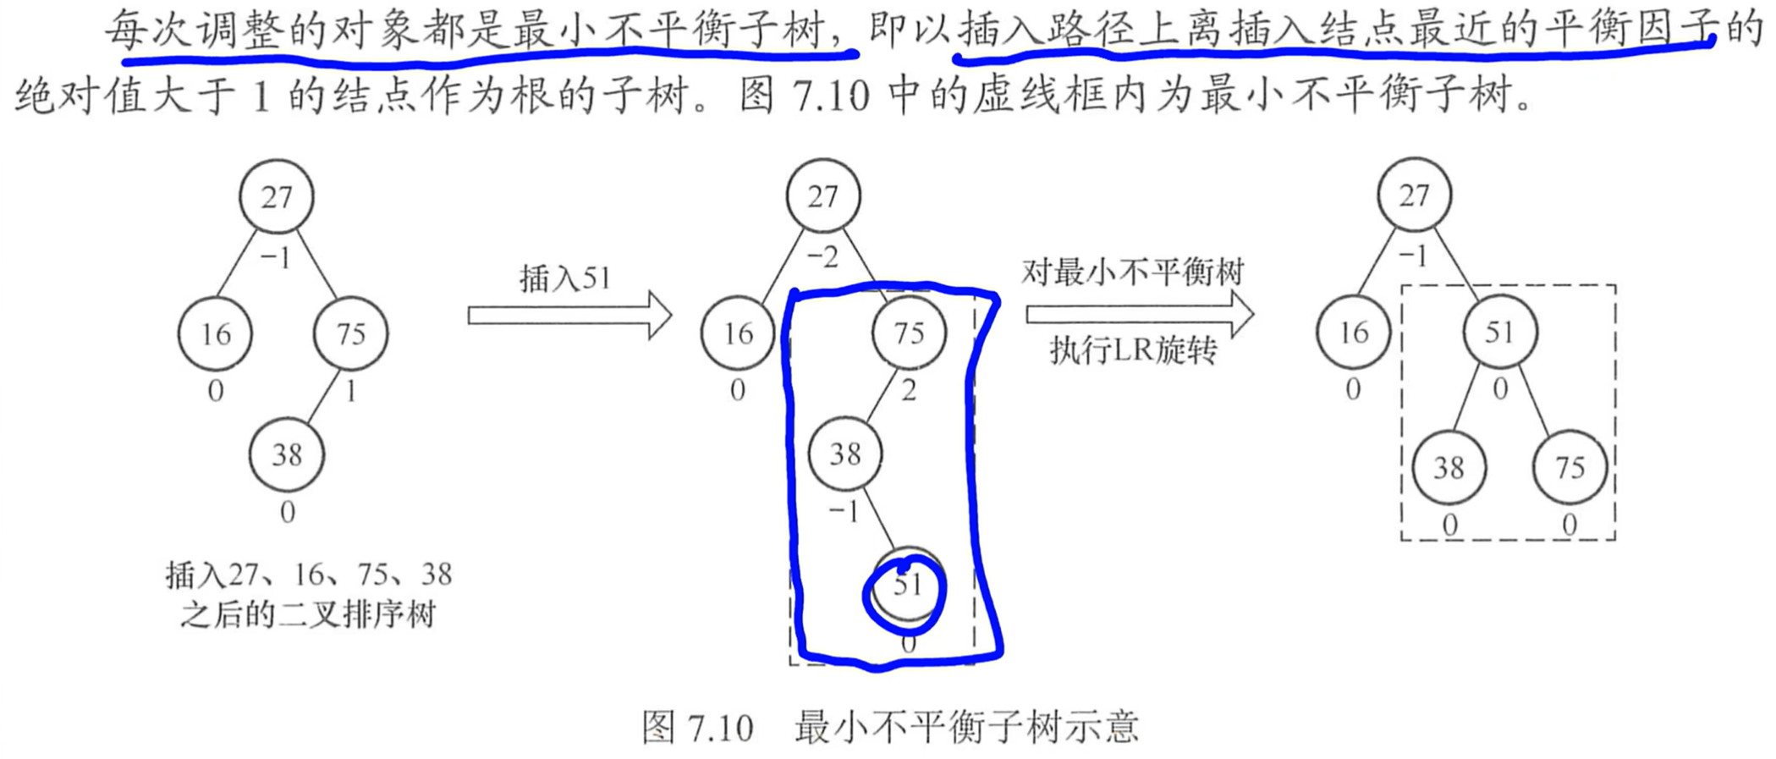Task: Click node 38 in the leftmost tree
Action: [287, 454]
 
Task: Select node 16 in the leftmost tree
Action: [215, 333]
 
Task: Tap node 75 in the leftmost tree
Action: [350, 333]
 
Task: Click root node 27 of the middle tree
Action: [822, 196]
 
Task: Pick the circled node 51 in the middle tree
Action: [907, 586]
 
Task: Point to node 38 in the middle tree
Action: [844, 454]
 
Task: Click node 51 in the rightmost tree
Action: [1499, 332]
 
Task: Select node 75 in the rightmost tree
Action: [1570, 467]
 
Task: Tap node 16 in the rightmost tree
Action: [1353, 332]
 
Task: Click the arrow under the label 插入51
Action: [569, 316]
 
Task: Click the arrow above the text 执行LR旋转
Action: [1139, 314]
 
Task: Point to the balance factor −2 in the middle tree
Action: [822, 256]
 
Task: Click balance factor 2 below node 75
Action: [909, 391]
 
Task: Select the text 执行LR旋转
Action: [1133, 349]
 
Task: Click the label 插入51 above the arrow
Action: [564, 278]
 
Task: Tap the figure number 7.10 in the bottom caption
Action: [720, 728]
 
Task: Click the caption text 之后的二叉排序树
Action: [307, 614]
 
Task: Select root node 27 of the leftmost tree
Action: [276, 197]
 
